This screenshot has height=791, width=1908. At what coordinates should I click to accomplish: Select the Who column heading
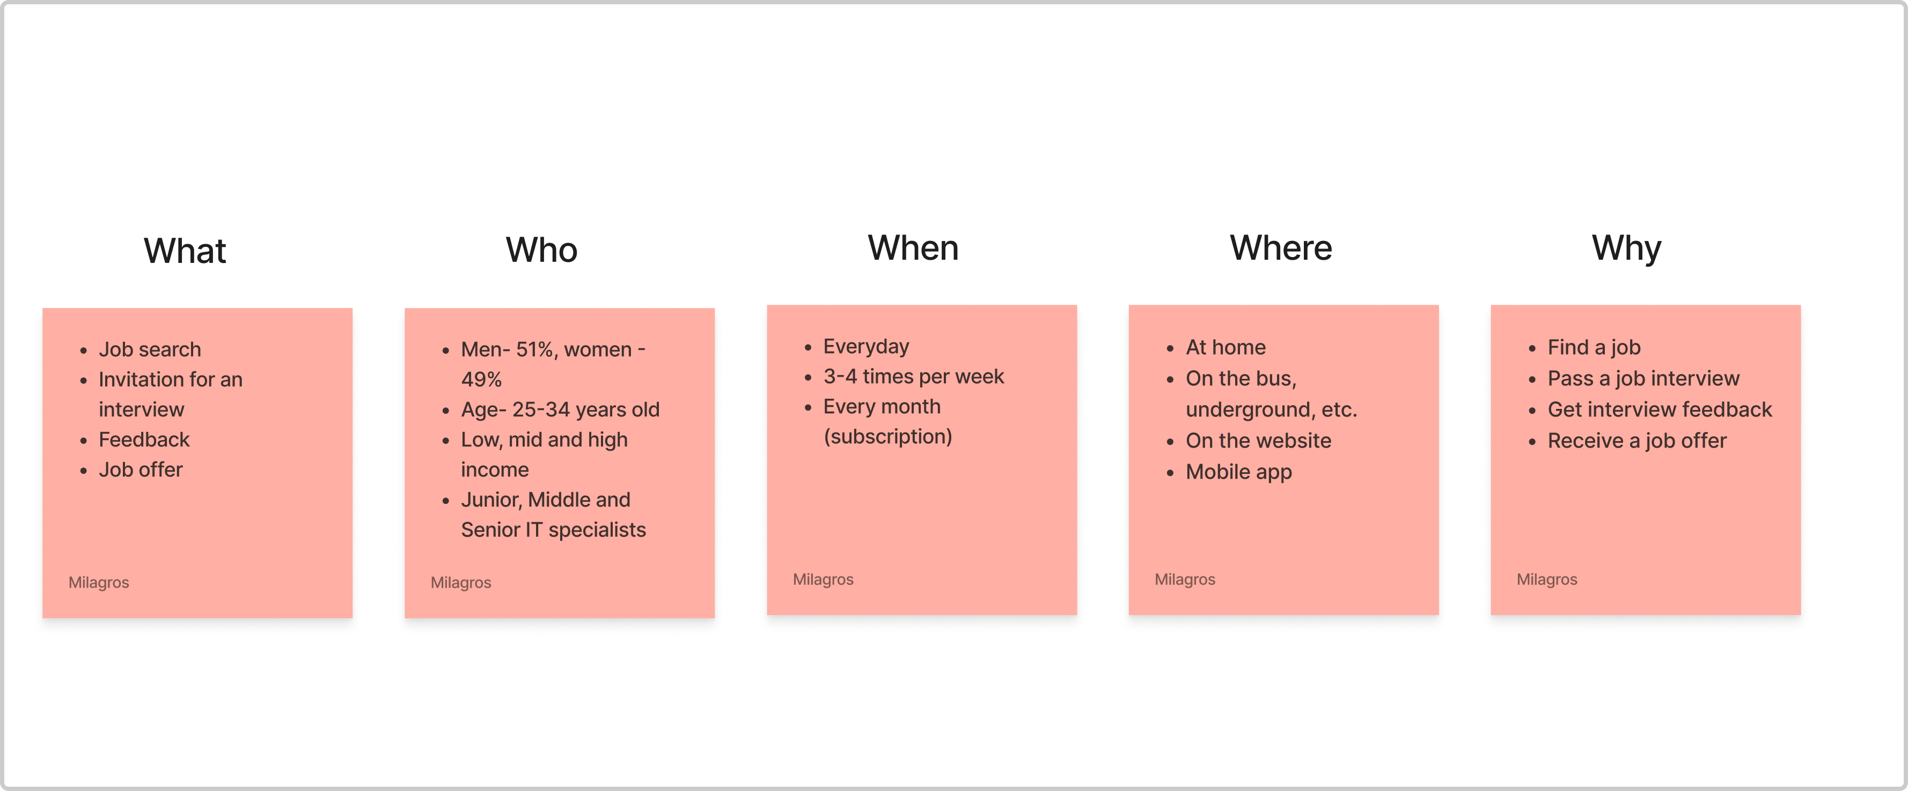(541, 250)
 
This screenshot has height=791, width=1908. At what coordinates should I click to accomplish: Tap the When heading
(913, 247)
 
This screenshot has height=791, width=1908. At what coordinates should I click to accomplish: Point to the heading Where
(1281, 247)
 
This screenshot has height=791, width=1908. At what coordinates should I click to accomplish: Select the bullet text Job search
(150, 349)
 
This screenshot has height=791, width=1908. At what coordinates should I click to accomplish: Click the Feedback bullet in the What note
(144, 440)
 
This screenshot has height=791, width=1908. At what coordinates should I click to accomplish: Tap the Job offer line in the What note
(141, 470)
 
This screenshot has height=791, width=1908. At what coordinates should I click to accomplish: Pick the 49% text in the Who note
(481, 379)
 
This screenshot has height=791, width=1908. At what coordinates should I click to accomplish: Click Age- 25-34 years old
(560, 409)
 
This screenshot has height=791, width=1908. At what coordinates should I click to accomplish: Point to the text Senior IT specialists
(553, 530)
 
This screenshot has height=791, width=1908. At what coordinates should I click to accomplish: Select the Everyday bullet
(866, 347)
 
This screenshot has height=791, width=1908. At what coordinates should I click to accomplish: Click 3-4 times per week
(913, 377)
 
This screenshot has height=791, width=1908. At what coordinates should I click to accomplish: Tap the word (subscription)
(888, 437)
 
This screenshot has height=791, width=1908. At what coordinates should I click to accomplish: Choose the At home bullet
(1226, 347)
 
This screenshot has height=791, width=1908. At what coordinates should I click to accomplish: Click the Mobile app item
(1238, 472)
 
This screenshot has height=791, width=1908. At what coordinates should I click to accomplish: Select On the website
(1258, 441)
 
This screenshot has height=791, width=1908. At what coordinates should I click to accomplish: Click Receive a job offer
(1637, 441)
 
